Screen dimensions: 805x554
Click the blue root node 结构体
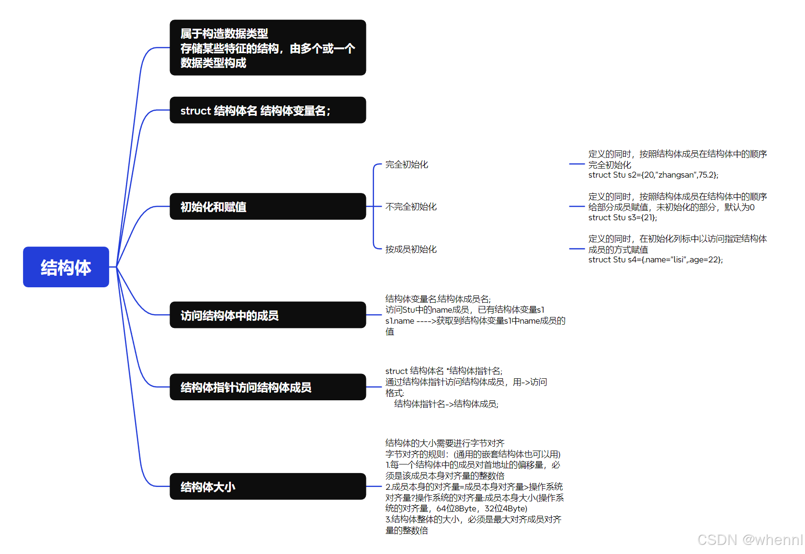(66, 267)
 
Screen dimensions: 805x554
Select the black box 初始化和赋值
(268, 206)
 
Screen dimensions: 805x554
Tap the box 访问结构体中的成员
(268, 315)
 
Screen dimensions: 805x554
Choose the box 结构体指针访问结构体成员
(268, 387)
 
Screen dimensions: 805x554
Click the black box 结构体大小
(268, 486)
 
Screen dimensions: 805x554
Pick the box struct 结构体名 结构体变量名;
(268, 110)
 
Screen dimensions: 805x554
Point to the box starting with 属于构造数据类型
(268, 47)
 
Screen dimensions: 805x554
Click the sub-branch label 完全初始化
(407, 165)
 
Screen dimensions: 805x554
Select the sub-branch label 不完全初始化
(411, 207)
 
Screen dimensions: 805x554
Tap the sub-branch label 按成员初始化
(411, 249)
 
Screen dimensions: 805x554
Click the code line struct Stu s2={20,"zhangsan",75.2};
(653, 175)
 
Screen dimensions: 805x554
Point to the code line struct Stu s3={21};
(623, 218)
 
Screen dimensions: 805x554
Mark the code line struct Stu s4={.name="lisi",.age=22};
(656, 260)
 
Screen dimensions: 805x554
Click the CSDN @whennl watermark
(749, 540)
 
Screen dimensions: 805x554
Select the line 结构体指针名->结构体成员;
(446, 404)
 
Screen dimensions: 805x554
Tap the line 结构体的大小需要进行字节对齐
(445, 443)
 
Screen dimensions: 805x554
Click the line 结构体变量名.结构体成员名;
(438, 299)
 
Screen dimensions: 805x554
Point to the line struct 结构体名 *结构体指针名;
(444, 371)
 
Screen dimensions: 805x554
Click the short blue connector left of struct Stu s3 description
(577, 206)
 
